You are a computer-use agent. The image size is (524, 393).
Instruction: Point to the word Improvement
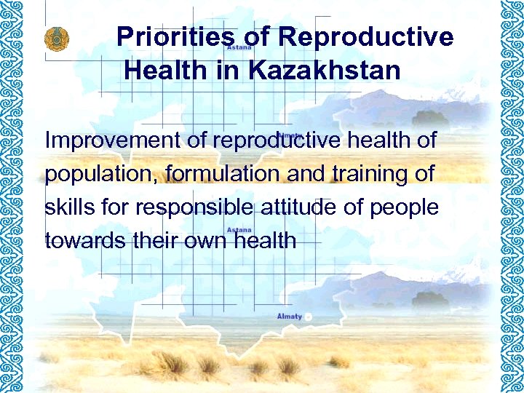coord(113,140)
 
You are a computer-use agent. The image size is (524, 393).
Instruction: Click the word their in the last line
coord(155,241)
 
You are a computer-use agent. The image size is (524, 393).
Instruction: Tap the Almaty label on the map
coord(289,317)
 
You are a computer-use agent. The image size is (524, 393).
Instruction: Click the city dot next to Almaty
coord(308,317)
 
